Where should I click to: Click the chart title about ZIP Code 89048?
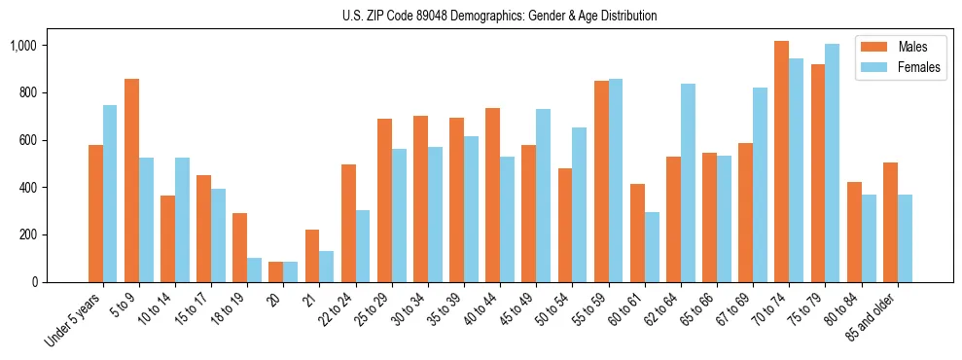coord(499,16)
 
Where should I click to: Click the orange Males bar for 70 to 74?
coord(782,162)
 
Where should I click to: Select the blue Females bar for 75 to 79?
coord(833,162)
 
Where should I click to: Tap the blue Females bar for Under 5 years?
coord(110,194)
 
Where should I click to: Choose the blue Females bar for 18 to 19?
coord(255,270)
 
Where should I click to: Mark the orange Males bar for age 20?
coord(276,271)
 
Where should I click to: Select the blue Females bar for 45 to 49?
coord(543,196)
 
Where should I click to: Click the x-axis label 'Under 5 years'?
coord(74,320)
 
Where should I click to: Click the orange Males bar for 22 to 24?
coord(348,223)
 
